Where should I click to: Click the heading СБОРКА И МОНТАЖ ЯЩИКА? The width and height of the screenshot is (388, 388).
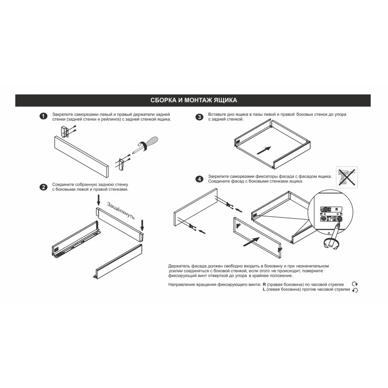(x=194, y=100)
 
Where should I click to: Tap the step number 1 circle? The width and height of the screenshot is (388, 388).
(x=43, y=116)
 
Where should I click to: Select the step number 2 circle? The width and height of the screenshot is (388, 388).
(x=43, y=187)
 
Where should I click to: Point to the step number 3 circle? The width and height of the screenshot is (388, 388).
(x=199, y=117)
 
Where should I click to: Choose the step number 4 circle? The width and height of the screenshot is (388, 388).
(x=199, y=178)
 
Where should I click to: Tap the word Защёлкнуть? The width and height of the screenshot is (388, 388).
(x=121, y=210)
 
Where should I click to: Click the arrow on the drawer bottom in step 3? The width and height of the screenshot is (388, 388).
(x=264, y=150)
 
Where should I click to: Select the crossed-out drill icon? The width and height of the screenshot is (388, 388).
(x=347, y=177)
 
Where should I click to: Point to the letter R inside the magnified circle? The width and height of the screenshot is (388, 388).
(x=337, y=210)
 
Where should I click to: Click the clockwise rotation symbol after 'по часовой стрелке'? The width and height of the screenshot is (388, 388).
(x=355, y=284)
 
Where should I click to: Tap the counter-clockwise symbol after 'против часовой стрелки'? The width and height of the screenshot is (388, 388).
(x=355, y=290)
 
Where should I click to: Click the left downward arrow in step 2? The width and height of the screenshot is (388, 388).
(x=98, y=200)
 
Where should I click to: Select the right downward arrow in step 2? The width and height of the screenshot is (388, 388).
(x=142, y=225)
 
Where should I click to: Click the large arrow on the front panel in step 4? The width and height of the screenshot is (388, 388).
(x=251, y=242)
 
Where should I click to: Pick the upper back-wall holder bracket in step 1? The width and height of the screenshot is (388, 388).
(x=65, y=132)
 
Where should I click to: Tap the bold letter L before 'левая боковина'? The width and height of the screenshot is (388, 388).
(x=264, y=289)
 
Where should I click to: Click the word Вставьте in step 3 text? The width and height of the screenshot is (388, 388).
(x=216, y=114)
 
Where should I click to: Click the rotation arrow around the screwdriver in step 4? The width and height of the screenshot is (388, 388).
(x=331, y=244)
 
